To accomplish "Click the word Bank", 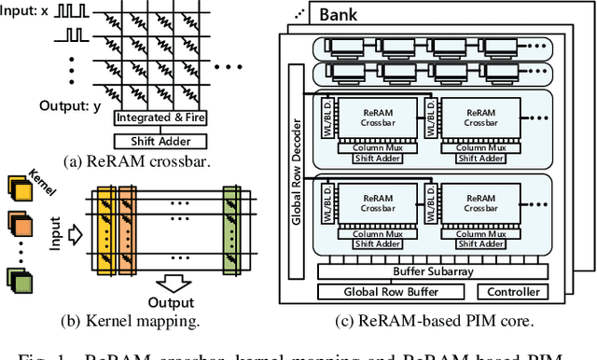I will coord(344,15).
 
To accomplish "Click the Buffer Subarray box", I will coord(430,271).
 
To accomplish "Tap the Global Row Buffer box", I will coord(391,292).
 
